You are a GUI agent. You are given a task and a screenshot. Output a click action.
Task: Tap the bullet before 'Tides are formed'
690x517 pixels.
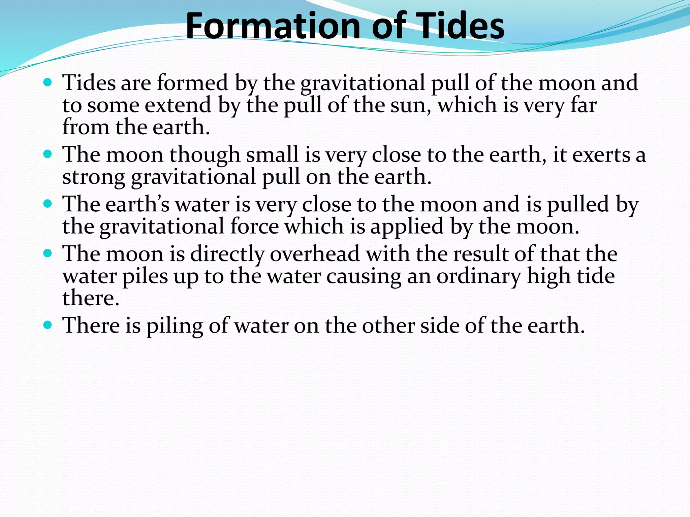click(48, 82)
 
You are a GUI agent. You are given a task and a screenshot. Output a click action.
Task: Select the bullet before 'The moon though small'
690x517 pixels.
click(48, 154)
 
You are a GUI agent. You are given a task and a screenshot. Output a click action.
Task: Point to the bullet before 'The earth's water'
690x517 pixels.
click(48, 204)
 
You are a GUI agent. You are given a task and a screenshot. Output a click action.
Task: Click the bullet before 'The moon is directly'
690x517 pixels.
click(48, 253)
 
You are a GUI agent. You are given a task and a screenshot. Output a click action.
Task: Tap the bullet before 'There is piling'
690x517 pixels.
click(48, 325)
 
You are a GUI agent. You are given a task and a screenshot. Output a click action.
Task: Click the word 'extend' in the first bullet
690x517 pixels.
click(178, 105)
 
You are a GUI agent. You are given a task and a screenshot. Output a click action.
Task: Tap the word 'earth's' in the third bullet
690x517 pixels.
click(137, 204)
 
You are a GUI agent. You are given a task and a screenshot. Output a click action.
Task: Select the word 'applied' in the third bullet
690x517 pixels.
click(407, 227)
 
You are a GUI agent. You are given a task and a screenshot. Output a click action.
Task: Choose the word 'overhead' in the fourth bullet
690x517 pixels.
click(315, 254)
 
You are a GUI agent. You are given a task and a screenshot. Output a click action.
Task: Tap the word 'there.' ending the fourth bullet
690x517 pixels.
click(91, 298)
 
